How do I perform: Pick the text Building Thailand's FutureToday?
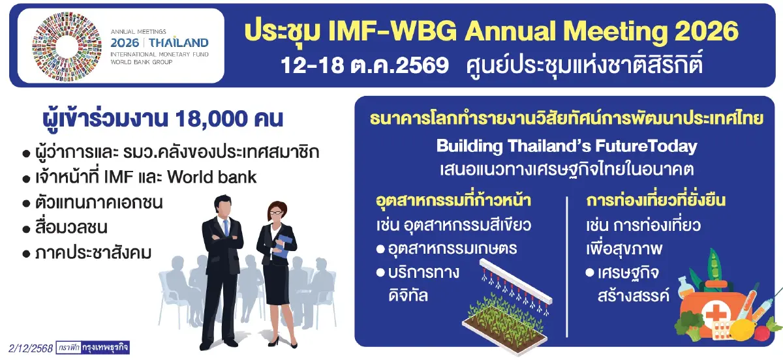click(x=566, y=146)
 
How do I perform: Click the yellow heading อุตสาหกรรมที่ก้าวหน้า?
click(x=453, y=199)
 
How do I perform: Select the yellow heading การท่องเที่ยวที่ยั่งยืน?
click(x=656, y=199)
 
